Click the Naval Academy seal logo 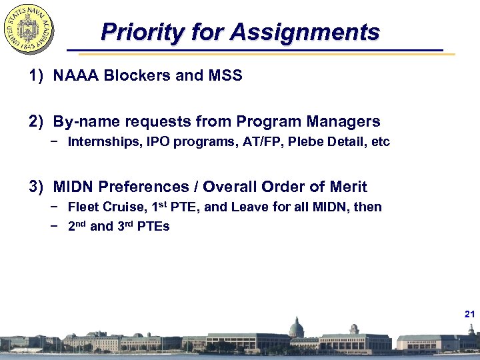point(29,27)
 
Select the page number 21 point(469,313)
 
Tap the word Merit point(348,187)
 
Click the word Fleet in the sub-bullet point(83,207)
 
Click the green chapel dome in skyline point(295,327)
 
